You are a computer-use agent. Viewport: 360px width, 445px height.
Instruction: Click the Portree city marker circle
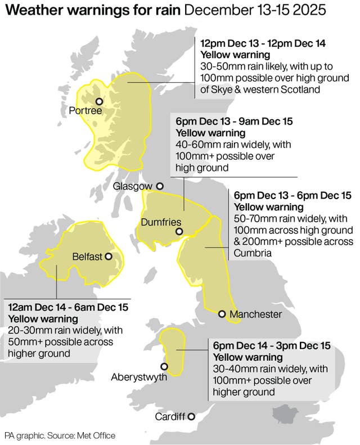[x=99, y=102]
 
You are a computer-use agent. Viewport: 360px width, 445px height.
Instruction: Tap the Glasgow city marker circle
[x=160, y=186]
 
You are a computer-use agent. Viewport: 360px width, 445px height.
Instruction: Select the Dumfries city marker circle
[x=179, y=231]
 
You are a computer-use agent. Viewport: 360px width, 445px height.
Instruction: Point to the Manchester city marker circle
[x=222, y=314]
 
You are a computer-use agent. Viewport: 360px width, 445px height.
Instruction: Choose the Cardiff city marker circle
[x=191, y=416]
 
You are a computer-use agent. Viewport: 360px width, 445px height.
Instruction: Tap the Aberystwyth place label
[x=139, y=377]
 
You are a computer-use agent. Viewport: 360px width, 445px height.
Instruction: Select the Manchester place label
[x=255, y=314]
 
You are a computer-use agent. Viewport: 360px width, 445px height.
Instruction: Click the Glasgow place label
[x=132, y=186]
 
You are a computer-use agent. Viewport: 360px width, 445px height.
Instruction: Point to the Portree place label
[x=85, y=111]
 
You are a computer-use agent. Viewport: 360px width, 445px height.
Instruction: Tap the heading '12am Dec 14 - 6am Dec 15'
[x=68, y=308]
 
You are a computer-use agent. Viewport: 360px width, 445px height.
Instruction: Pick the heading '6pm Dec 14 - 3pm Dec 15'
[x=271, y=345]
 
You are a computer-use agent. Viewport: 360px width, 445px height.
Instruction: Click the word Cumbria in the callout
[x=253, y=253]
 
